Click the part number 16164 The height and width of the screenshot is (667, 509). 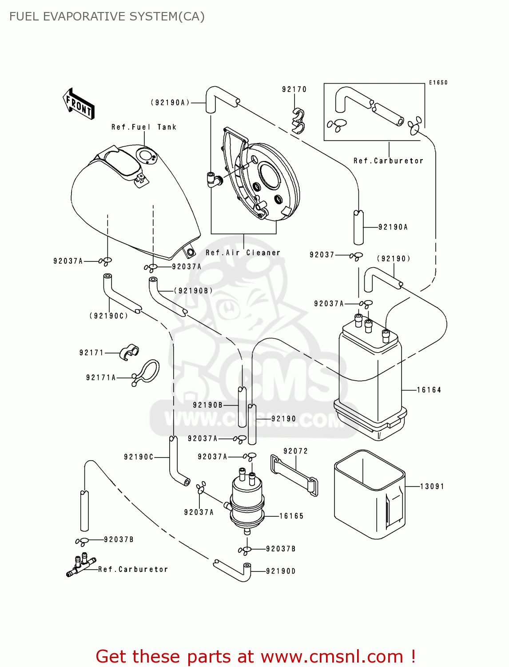pos(429,390)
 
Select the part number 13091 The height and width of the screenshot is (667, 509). pos(432,486)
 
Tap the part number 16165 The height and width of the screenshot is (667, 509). pos(291,516)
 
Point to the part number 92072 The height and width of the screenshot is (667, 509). pos(295,451)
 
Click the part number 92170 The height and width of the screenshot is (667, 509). pos(294,89)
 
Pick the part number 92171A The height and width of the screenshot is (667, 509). pos(101,378)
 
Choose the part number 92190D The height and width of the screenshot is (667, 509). pos(281,571)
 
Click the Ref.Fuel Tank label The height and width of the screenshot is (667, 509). pos(144,127)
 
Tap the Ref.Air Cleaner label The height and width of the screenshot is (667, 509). pos(243,253)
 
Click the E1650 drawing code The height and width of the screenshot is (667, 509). pos(438,83)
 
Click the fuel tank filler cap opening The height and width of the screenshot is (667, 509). pos(145,156)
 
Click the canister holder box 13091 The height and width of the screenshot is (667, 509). pos(369,494)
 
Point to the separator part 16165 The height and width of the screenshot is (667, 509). pos(247,500)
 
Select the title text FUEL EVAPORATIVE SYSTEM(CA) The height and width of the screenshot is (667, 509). pos(107,16)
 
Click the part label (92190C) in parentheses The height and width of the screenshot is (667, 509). pos(109,316)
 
